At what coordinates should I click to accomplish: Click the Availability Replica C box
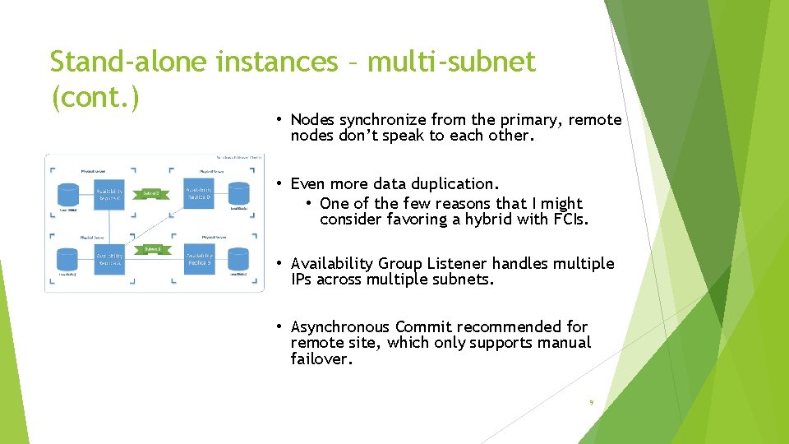click(109, 194)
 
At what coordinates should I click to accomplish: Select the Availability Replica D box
click(198, 194)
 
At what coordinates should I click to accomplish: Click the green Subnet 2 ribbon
click(151, 194)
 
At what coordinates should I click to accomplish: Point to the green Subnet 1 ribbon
click(153, 249)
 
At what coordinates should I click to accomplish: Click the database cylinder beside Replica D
click(238, 195)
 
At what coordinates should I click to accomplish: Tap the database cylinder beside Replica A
click(68, 260)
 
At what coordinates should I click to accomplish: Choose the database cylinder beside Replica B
click(238, 260)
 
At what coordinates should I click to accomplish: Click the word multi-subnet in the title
click(451, 61)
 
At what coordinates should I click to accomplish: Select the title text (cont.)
click(95, 97)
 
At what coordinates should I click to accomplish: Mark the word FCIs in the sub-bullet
click(568, 219)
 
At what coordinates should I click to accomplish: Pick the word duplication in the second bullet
click(456, 183)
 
